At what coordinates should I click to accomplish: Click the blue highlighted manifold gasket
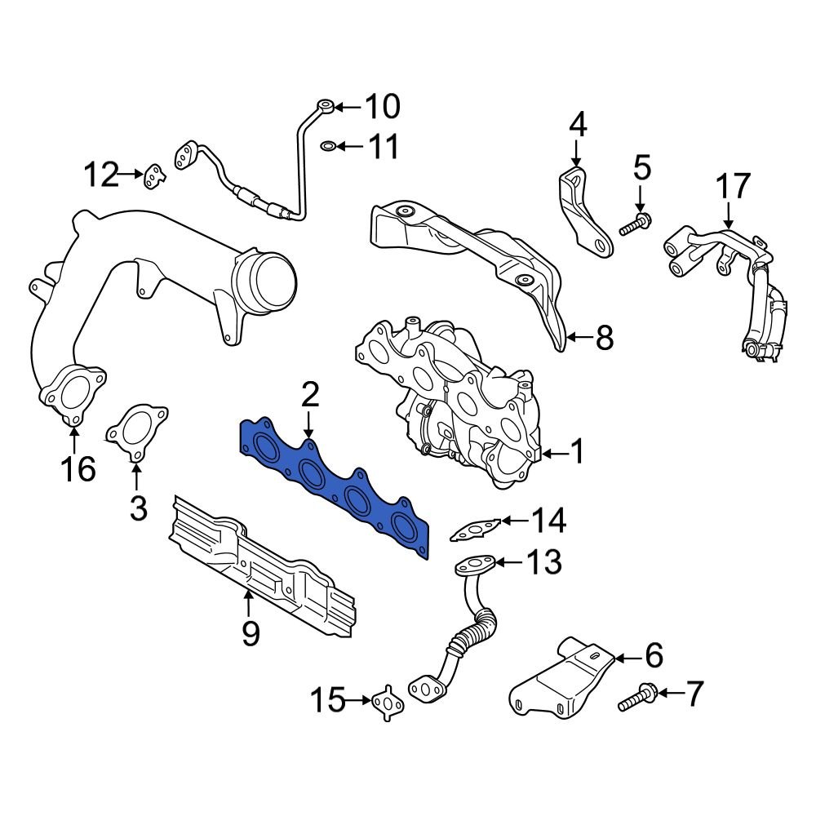335,490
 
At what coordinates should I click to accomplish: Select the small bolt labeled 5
635,223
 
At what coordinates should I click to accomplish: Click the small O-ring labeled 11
326,146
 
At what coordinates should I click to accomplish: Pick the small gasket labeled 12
153,175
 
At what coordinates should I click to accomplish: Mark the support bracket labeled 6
563,685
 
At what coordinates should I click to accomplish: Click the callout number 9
250,632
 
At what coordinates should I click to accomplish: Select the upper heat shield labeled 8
473,261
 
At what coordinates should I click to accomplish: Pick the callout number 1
577,451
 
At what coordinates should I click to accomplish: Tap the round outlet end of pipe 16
265,282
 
